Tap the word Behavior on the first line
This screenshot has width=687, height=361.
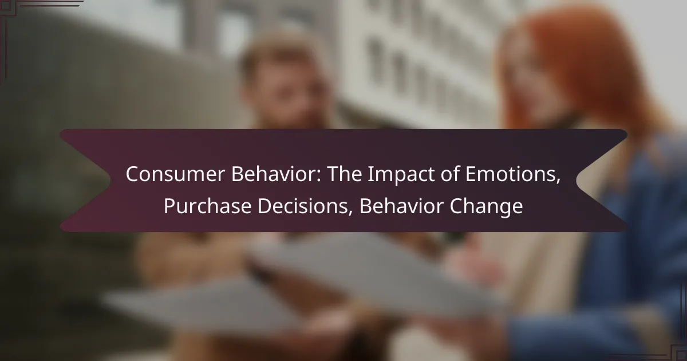(276, 174)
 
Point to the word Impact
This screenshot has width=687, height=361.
(401, 175)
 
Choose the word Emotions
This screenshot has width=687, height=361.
(510, 174)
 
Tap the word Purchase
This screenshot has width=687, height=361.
(208, 206)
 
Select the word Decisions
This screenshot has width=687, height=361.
(302, 206)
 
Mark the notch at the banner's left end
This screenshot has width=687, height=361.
(110, 180)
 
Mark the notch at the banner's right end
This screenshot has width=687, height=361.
(577, 180)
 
